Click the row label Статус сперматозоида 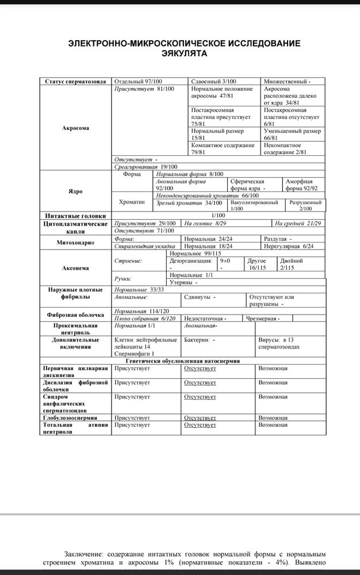[75, 82]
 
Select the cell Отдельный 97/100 [138, 82]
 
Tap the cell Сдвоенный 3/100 [213, 82]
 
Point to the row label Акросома [75, 128]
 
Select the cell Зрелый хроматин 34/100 [189, 202]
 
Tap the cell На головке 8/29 [205, 223]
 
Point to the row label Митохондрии [75, 242]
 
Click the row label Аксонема [75, 268]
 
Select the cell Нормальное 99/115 [196, 253]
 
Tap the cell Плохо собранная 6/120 [145, 318]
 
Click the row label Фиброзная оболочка [75, 315]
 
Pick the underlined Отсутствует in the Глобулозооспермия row [200, 417]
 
